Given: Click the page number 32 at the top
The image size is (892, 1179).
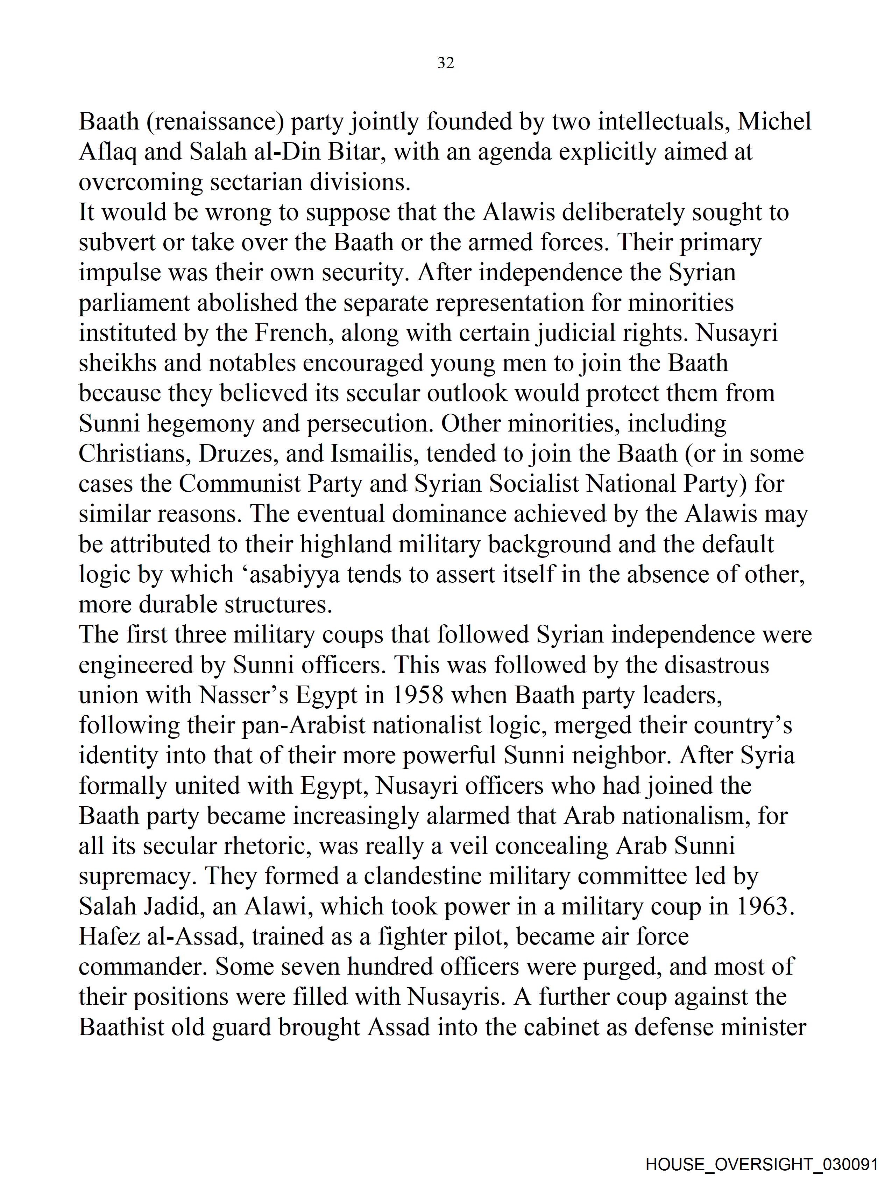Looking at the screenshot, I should (x=445, y=63).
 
